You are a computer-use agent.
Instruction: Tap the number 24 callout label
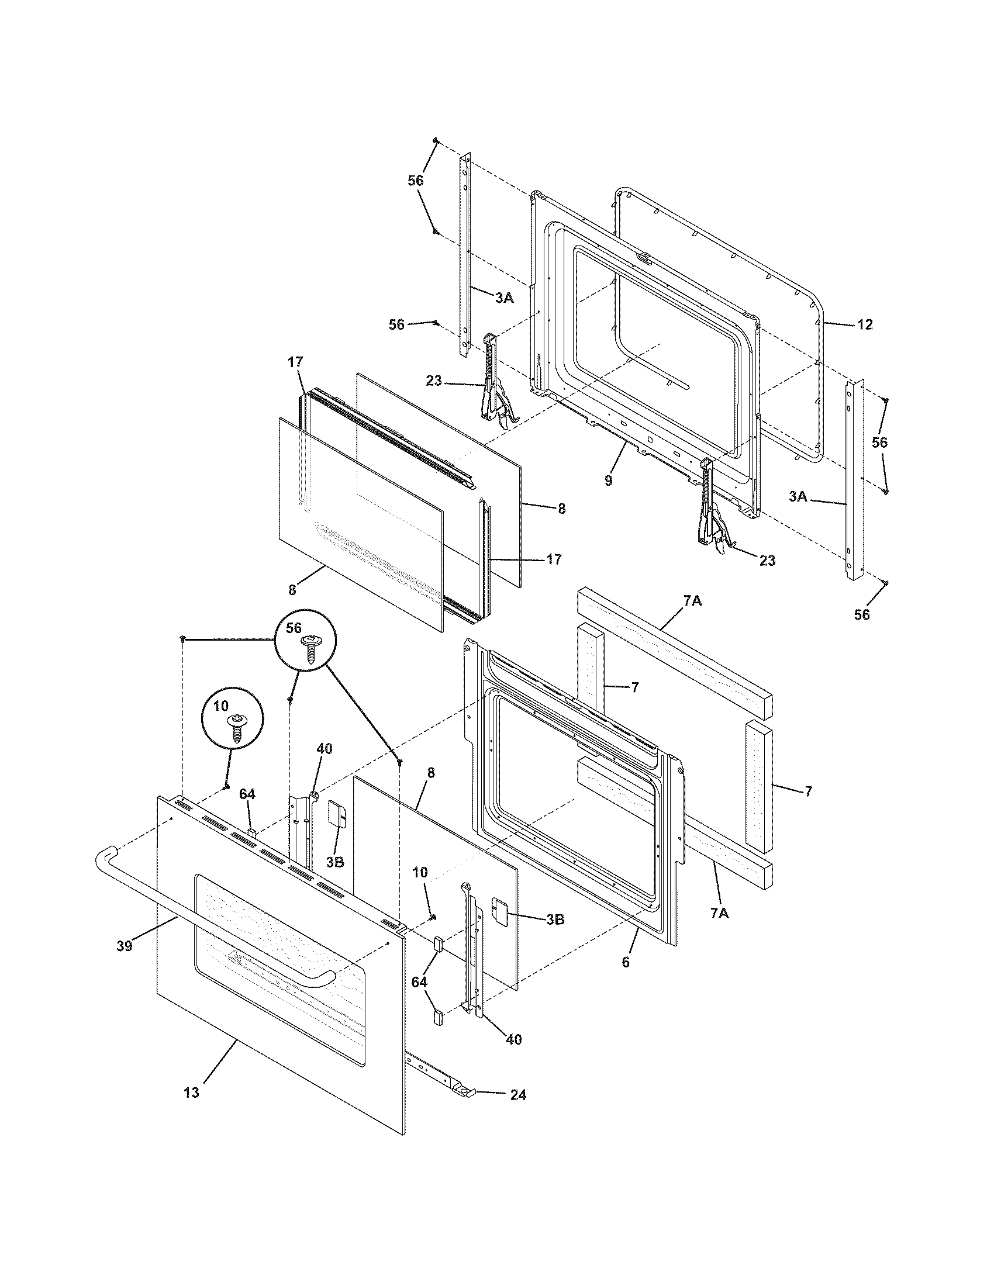pos(517,1094)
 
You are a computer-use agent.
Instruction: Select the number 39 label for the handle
pos(124,946)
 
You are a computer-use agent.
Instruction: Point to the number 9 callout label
pos(608,480)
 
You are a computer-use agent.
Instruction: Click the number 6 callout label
pos(626,962)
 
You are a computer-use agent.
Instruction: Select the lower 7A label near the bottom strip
pos(719,913)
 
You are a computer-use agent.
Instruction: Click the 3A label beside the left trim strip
pos(504,298)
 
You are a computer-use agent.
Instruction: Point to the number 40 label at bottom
pos(513,1039)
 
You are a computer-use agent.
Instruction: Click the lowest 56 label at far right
pos(861,615)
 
